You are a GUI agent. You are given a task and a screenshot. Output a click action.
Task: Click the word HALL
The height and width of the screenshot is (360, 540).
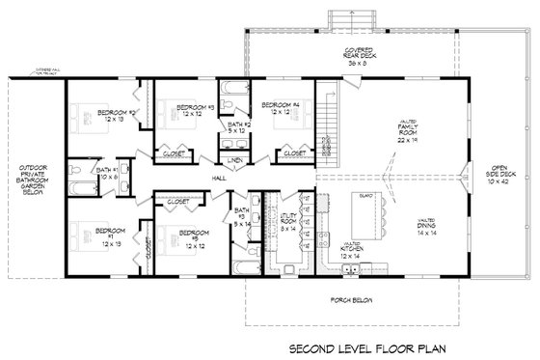click(219, 178)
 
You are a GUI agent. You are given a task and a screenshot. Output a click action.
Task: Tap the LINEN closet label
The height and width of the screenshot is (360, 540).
click(235, 158)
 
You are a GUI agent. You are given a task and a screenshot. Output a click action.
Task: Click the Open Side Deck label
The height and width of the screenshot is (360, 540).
click(503, 176)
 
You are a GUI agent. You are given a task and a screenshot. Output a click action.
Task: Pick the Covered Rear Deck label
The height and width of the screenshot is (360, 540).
click(365, 54)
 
